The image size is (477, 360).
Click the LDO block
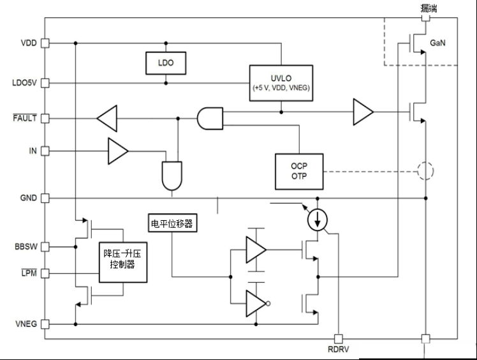coord(166,63)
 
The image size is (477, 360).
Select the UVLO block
coord(281,83)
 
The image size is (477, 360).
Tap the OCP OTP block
coord(299,172)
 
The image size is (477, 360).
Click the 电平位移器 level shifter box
coord(172,223)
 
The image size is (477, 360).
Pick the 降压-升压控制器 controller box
coord(123,262)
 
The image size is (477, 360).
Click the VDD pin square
coord(45,43)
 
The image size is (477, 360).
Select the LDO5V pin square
coord(45,83)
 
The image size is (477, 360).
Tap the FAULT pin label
coord(25,118)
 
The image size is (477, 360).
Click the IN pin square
coord(45,151)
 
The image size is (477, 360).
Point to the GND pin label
coord(28,198)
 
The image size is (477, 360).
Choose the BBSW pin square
coord(45,246)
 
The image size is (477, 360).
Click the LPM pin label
coord(29,273)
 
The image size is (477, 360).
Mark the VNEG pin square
coord(45,324)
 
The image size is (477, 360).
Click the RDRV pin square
coord(338,339)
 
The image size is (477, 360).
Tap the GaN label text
coord(437,43)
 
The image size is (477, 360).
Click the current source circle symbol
coord(318,220)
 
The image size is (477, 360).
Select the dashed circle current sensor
coord(425,171)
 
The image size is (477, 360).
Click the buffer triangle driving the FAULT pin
coord(107,119)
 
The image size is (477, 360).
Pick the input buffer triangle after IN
coord(118,151)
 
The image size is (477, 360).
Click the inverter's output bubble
coord(268,303)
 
